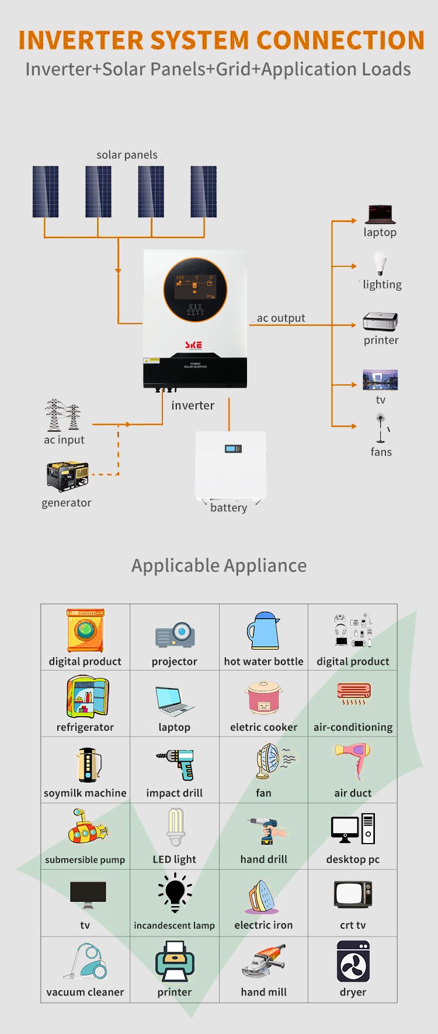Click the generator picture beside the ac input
[67, 476]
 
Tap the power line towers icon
[62, 415]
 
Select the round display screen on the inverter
[195, 290]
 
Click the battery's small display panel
[233, 449]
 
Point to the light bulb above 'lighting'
[380, 263]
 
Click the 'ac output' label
[281, 318]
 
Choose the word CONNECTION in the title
[340, 40]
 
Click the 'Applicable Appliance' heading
[219, 565]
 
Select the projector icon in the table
[175, 634]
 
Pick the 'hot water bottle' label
[263, 661]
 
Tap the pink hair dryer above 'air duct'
[353, 760]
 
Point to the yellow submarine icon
[87, 827]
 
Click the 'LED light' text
[174, 859]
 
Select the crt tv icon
[353, 894]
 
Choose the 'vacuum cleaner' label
[85, 992]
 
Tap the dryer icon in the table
[353, 961]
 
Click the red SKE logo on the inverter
[193, 345]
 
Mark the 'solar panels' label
[127, 155]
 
